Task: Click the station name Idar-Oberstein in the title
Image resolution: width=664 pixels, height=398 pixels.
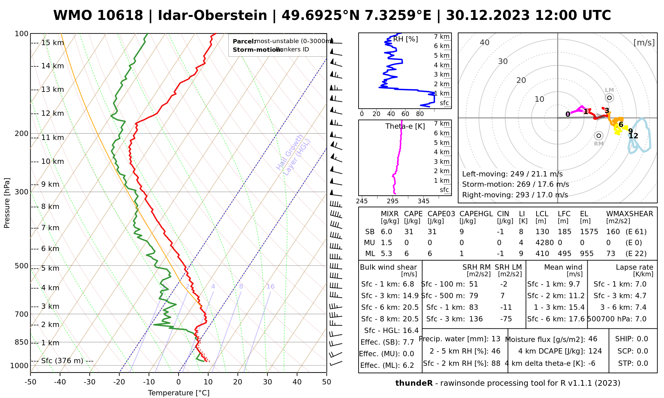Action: pos(212,16)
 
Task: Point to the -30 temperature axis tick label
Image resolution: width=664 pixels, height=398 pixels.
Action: pos(90,382)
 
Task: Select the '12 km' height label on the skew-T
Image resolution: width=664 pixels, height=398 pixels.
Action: pos(52,113)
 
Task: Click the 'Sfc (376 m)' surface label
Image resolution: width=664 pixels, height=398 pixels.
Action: pos(62,361)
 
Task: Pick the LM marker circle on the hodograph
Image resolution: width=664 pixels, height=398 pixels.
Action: pos(609,98)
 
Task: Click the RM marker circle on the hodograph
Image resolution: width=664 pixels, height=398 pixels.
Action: pos(599,136)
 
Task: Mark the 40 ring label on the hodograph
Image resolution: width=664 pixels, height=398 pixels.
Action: pos(485,42)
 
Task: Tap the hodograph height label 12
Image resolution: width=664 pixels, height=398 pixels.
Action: pos(633,136)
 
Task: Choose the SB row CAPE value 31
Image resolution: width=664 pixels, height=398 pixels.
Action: pos(409,232)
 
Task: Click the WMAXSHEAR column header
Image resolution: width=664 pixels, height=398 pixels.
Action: pos(629,214)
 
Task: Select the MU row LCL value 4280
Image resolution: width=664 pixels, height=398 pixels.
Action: pos(544,243)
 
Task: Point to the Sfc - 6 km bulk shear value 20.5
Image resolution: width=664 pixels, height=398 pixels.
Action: pos(411,307)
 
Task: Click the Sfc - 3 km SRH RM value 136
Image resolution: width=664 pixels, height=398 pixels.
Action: pos(476,319)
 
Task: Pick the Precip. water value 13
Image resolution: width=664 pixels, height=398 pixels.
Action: pos(496,339)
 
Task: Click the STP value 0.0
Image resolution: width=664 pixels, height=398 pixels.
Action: pos(642,364)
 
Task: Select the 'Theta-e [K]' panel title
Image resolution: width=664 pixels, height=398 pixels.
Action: pos(405,126)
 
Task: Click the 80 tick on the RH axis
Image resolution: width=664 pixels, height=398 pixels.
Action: pos(420,114)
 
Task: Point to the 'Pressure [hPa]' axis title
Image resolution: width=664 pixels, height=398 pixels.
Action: pos(7,203)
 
